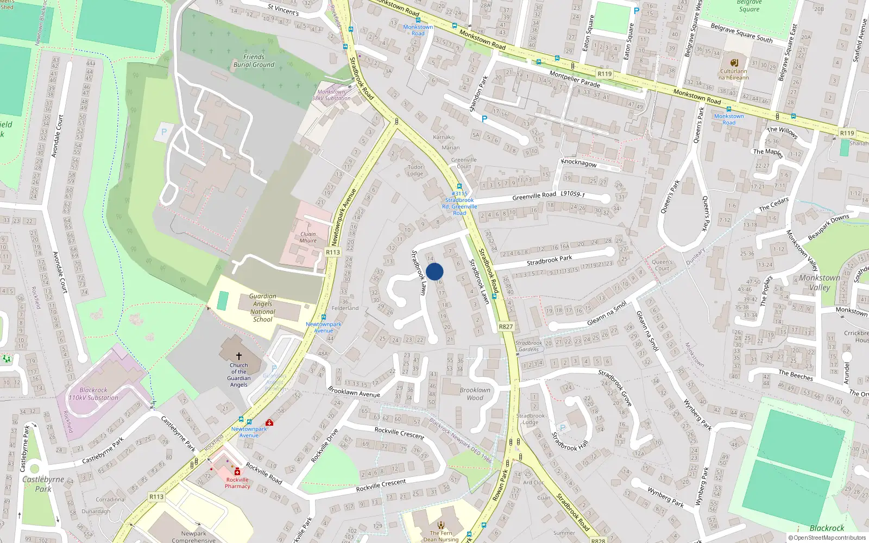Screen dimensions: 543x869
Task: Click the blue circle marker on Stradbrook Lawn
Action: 434,271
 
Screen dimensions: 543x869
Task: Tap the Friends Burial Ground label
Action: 254,61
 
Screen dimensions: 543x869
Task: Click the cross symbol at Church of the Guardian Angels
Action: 238,356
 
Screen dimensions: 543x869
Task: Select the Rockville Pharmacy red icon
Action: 237,472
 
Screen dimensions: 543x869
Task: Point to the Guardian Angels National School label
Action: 263,308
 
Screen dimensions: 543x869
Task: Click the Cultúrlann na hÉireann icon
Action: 734,62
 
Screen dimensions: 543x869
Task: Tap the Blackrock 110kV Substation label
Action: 93,394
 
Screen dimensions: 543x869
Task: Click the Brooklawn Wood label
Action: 475,394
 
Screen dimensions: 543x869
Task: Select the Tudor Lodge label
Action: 415,171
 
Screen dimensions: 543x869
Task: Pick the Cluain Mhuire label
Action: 308,237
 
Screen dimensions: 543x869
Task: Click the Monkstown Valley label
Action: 820,282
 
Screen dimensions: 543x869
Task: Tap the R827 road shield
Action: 506,326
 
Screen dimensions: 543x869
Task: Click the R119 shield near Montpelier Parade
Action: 604,74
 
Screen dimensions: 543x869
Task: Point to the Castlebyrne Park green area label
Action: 43,484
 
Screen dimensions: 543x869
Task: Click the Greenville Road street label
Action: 534,195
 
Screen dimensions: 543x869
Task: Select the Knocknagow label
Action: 579,162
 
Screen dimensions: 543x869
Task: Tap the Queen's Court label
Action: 662,265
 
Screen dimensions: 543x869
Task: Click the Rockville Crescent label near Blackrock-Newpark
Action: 399,432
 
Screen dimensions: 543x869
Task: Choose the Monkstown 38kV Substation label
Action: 331,95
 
